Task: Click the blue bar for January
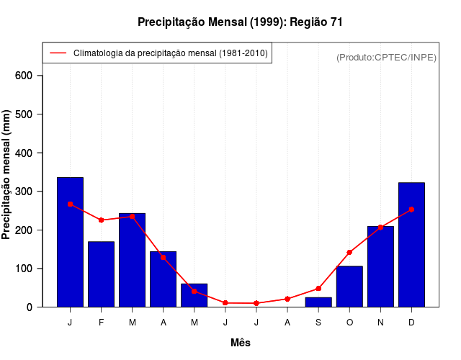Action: tap(70, 242)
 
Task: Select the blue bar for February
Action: tap(101, 274)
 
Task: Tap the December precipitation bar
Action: tap(411, 245)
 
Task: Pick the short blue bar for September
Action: tap(318, 302)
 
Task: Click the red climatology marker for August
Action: tap(287, 299)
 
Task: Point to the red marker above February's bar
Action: tap(101, 220)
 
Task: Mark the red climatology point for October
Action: tap(349, 253)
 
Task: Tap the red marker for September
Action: tap(318, 289)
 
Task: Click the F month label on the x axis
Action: tap(101, 323)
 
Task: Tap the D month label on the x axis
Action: tap(411, 323)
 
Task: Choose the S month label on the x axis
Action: tap(318, 323)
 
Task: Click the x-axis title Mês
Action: tap(241, 343)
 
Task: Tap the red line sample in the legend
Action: tap(58, 53)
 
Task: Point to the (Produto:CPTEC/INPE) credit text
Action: tap(386, 58)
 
